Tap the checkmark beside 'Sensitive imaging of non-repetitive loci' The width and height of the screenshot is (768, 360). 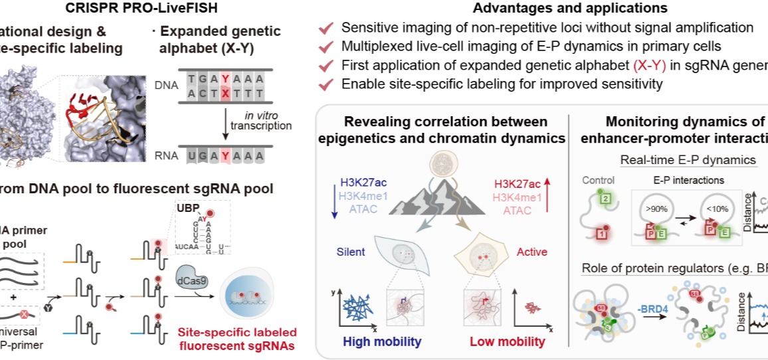[x=326, y=29]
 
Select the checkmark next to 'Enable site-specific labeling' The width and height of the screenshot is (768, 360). [x=326, y=85]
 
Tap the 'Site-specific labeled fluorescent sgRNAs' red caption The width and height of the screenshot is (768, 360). [x=236, y=339]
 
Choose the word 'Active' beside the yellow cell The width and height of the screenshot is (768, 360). [x=532, y=252]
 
